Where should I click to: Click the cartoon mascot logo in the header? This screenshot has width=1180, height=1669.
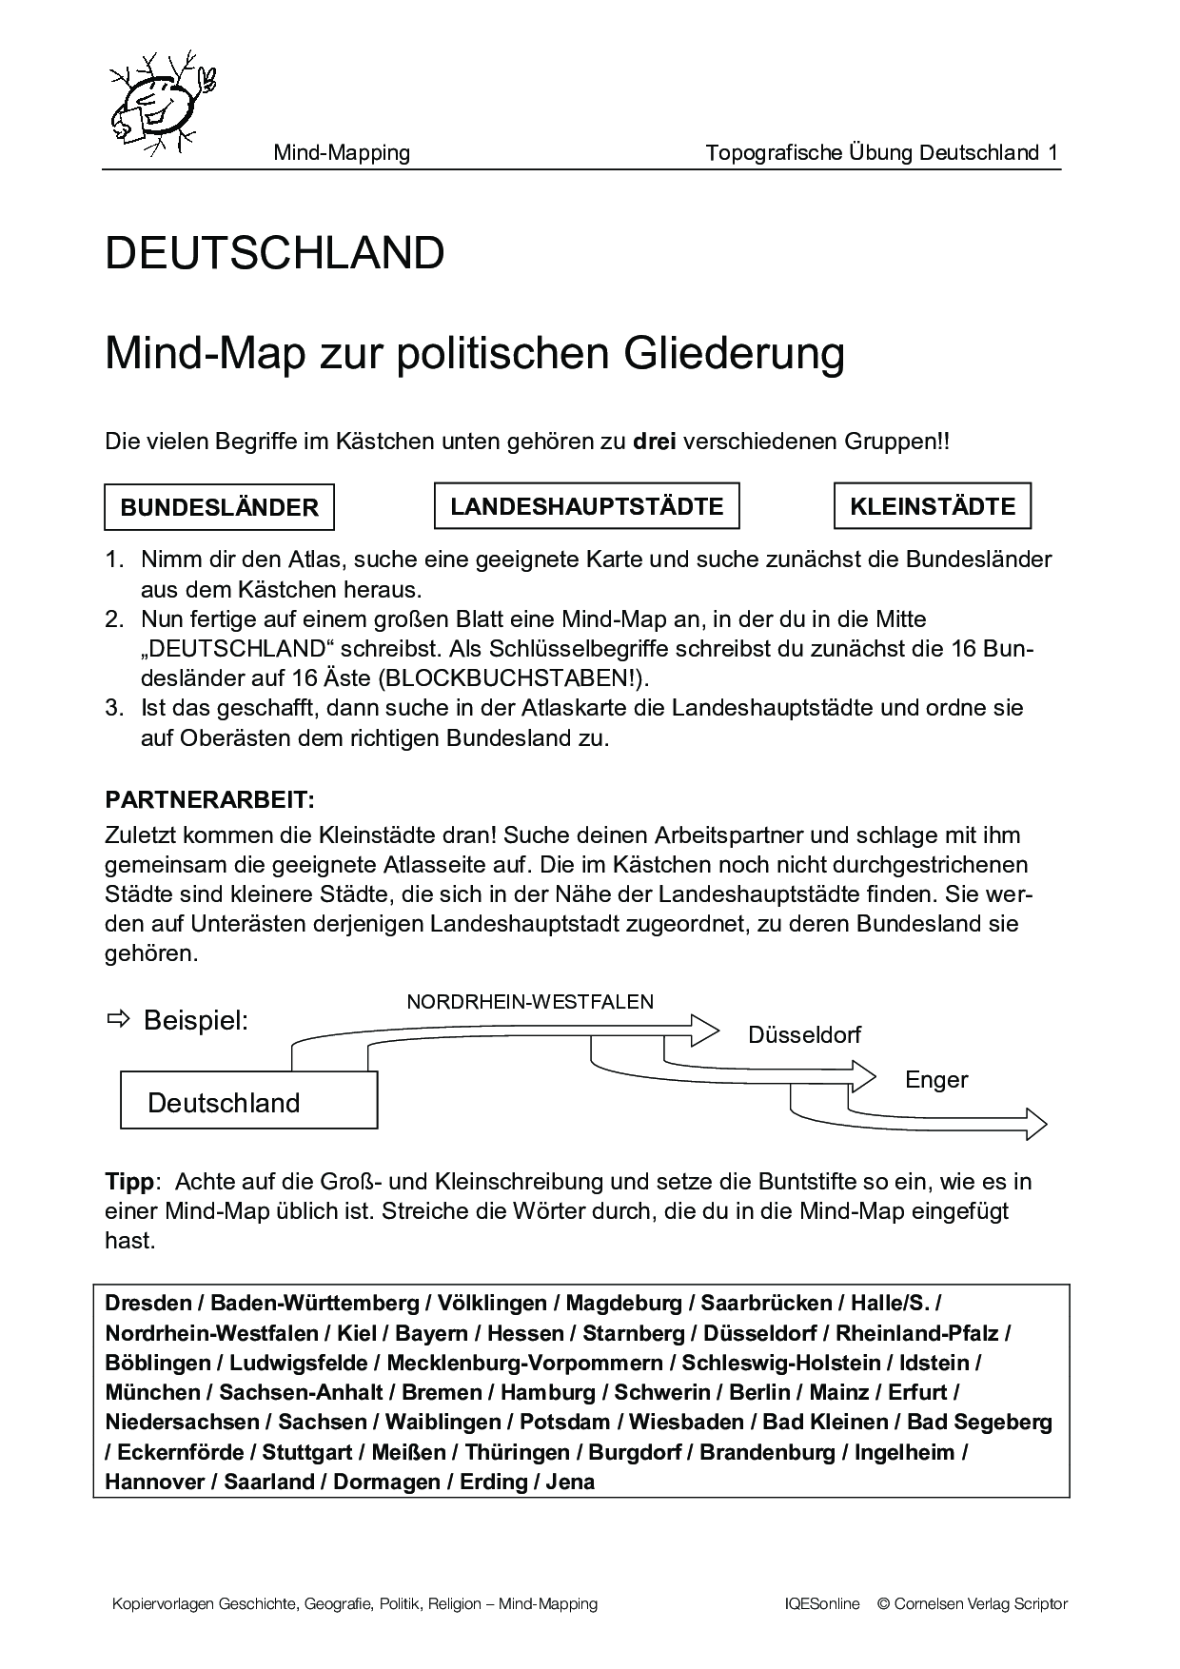click(x=161, y=103)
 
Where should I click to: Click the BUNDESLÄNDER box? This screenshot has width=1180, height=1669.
click(x=219, y=507)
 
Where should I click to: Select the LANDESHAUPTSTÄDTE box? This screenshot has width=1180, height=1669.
click(x=586, y=506)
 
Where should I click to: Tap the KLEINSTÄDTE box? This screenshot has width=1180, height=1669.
click(x=933, y=506)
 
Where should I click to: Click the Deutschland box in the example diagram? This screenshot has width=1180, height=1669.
click(x=249, y=1102)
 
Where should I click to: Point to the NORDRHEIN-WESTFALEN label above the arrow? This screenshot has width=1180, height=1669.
click(x=530, y=1001)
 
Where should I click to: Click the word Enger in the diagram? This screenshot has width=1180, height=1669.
click(x=936, y=1079)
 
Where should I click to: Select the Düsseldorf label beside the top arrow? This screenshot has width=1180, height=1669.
click(x=804, y=1034)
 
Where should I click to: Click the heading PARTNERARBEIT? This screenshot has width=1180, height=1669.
click(x=209, y=797)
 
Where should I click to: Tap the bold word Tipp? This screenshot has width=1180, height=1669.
click(x=128, y=1182)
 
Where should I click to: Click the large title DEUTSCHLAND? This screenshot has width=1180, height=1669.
click(x=275, y=253)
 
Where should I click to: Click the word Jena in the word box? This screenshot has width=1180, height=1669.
click(x=571, y=1482)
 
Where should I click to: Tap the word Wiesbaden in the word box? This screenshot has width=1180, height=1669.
click(x=685, y=1422)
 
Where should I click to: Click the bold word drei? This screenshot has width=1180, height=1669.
click(x=654, y=442)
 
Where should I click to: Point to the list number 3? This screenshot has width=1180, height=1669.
click(x=114, y=708)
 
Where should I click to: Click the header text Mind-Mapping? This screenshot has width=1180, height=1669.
click(x=342, y=152)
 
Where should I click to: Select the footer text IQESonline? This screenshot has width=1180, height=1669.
click(x=816, y=1603)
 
